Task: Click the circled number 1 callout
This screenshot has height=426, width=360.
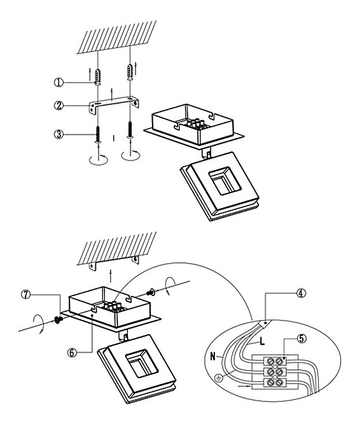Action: click(59, 82)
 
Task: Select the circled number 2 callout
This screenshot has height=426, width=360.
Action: click(59, 106)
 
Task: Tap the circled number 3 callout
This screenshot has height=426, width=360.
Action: click(59, 134)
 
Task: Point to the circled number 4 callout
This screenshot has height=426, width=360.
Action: click(301, 294)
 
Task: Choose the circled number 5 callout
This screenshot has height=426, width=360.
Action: click(301, 339)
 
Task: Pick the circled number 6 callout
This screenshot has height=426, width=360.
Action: click(72, 353)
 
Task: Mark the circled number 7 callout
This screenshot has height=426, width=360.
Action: click(26, 295)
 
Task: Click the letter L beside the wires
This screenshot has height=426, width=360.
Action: click(262, 341)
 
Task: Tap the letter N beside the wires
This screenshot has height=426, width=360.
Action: click(213, 356)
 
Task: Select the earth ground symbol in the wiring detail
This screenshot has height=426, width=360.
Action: click(218, 378)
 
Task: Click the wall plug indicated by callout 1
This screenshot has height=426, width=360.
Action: click(97, 78)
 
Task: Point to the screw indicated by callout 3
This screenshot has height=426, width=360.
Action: click(97, 134)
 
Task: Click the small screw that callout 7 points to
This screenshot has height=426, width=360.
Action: click(58, 320)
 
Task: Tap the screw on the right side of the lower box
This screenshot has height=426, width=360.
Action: click(151, 293)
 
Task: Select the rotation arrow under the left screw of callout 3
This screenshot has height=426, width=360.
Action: click(99, 160)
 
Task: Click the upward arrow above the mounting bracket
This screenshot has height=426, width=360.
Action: click(111, 94)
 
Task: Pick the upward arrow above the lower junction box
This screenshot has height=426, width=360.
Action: click(111, 276)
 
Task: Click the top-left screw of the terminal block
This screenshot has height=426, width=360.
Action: click(270, 361)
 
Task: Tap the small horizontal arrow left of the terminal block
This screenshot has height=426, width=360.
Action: click(244, 385)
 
